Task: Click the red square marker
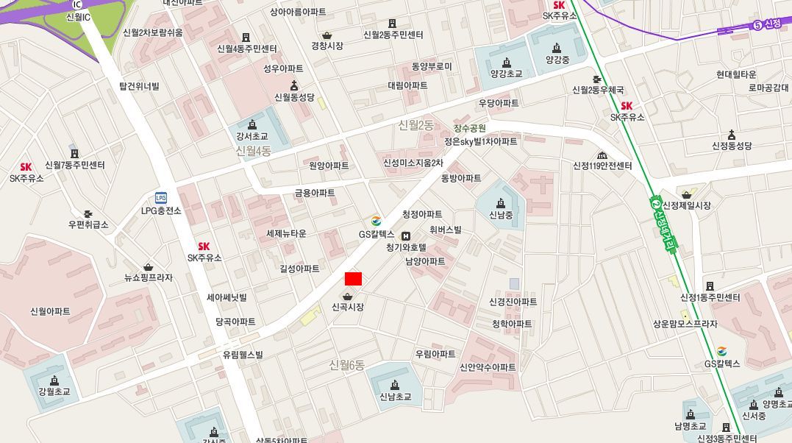[x=353, y=279]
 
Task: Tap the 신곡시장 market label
[x=348, y=307]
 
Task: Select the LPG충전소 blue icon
[x=161, y=197]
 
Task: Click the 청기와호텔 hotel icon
[x=406, y=235]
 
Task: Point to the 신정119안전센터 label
[x=602, y=166]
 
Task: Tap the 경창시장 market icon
[x=327, y=35]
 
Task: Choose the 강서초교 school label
[x=252, y=137]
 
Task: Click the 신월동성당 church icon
[x=294, y=85]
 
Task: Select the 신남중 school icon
[x=501, y=203]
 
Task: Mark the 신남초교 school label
[x=395, y=397]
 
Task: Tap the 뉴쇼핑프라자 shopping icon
[x=149, y=266]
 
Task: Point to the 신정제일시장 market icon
[x=686, y=194]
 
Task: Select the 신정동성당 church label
[x=732, y=146]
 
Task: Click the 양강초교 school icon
[x=506, y=62]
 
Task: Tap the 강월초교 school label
[x=54, y=391]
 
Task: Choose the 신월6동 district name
[x=347, y=364]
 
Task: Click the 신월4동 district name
[x=254, y=151]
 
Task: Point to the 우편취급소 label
[x=88, y=224]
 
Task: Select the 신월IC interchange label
[x=78, y=16]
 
